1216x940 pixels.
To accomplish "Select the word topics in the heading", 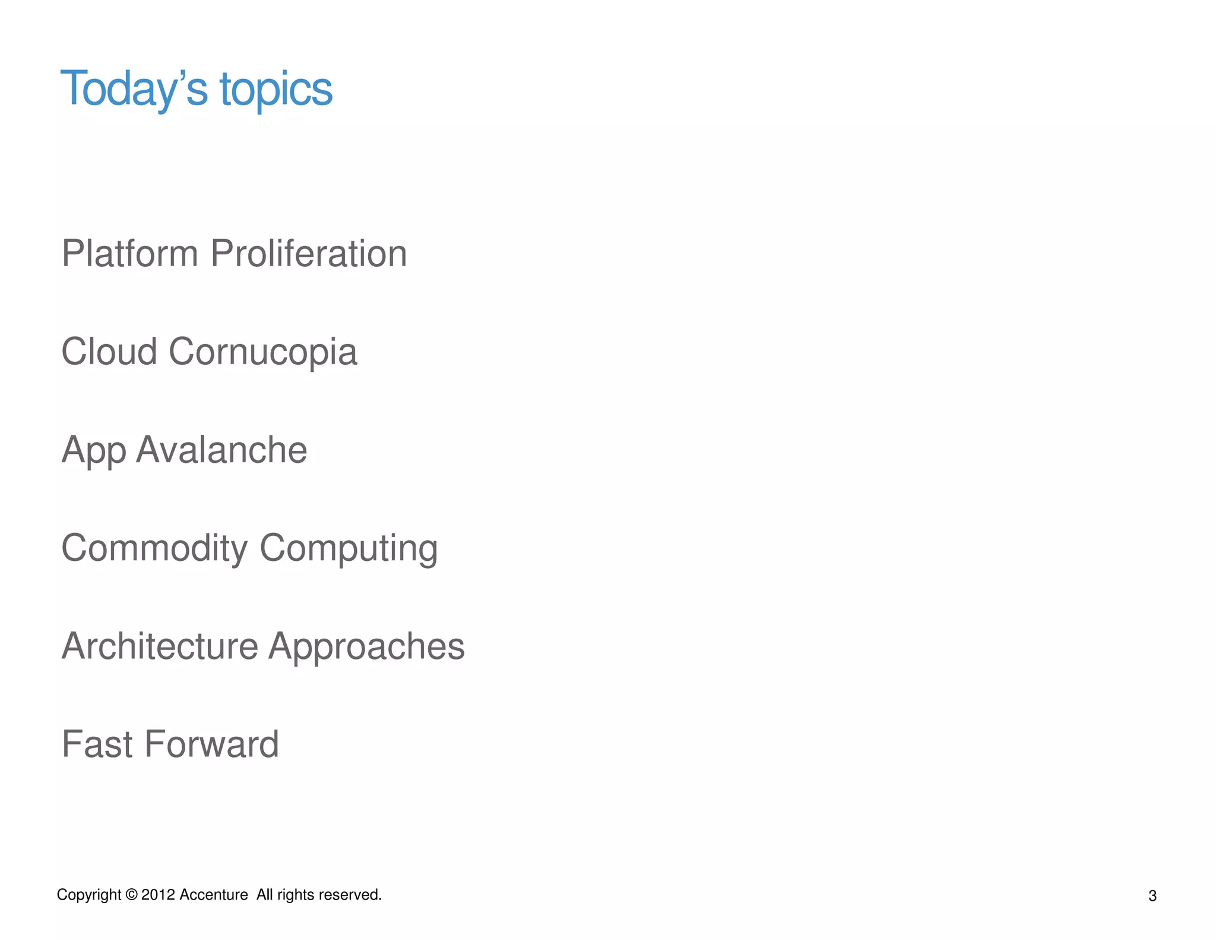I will (x=275, y=90).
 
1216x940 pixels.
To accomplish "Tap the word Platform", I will (x=129, y=254).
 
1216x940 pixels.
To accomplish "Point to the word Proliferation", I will (x=309, y=254).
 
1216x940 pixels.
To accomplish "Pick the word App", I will (x=93, y=451).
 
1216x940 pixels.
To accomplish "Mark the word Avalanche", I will (x=221, y=450).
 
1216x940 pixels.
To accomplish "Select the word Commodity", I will (x=154, y=548).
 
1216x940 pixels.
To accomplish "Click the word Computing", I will (x=349, y=548).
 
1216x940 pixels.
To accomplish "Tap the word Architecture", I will (x=160, y=646).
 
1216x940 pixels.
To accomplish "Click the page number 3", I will (x=1152, y=896).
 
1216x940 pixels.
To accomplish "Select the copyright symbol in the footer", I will (x=131, y=895).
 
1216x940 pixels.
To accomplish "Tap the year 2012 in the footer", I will (x=159, y=895).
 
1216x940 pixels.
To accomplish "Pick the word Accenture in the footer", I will (x=213, y=895).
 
